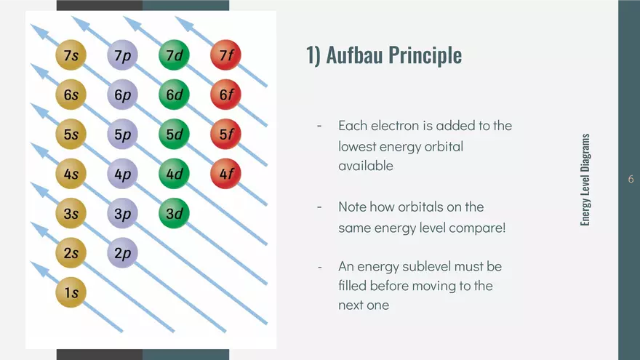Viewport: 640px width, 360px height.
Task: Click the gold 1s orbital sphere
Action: [71, 292]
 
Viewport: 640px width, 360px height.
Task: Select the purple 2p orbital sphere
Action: [122, 253]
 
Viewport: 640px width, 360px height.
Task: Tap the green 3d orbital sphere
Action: [174, 213]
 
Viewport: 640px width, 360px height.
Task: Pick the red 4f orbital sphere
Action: [225, 174]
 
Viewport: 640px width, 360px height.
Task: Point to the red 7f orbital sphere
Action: [225, 55]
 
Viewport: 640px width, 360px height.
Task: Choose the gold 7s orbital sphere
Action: [71, 55]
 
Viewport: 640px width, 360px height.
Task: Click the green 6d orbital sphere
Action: [174, 95]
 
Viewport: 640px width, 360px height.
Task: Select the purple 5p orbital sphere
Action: [122, 134]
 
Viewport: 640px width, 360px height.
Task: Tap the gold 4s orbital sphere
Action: [71, 174]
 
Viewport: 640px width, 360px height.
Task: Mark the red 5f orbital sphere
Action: [225, 134]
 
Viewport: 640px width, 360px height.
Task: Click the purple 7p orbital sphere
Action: [122, 55]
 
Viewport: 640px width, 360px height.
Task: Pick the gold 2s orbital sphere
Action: [71, 253]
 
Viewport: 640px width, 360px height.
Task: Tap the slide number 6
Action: [630, 180]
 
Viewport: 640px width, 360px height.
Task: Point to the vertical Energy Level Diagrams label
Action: [585, 180]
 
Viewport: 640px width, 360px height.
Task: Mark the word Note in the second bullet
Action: [353, 207]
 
